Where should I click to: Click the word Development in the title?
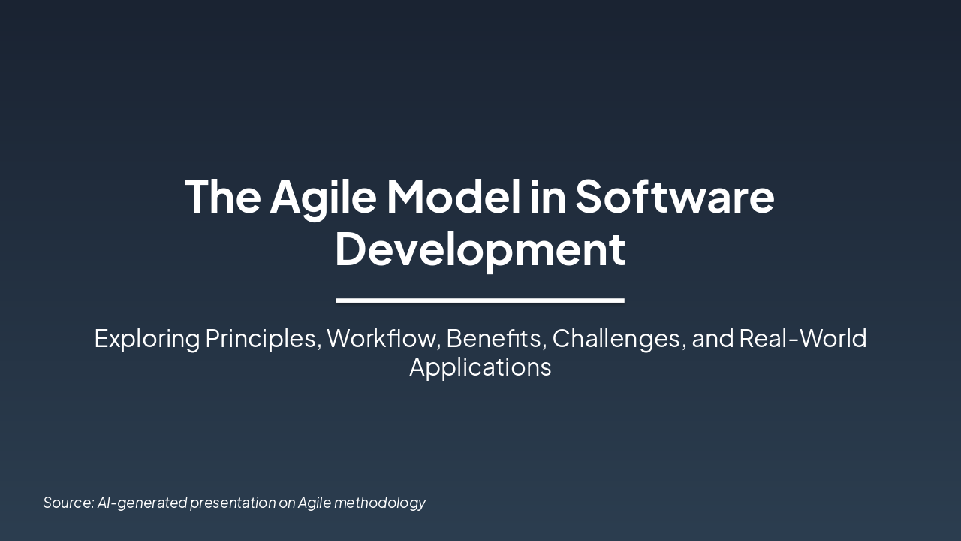480,249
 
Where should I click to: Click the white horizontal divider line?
480,301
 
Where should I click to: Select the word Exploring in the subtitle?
146,339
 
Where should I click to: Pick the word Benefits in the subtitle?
494,339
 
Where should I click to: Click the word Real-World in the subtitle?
803,339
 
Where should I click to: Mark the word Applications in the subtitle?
480,367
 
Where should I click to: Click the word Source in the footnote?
68,503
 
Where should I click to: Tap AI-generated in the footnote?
142,503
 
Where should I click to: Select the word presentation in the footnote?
233,503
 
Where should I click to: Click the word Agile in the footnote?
315,503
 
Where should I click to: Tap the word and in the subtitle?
712,339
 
